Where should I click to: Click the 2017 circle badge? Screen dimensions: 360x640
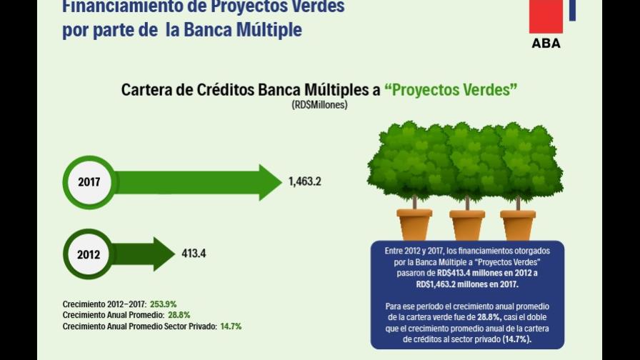coord(89,182)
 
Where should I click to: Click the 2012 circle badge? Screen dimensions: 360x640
coord(89,254)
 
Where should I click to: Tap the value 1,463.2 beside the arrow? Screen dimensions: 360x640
coord(305,181)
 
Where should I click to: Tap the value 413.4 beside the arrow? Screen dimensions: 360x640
coord(194,254)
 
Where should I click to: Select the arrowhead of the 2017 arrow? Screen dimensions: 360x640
coord(270,182)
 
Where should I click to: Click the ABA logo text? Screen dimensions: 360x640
coord(546,44)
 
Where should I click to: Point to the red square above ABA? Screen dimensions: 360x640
coord(546,16)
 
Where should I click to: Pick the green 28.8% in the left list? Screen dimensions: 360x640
coord(177,315)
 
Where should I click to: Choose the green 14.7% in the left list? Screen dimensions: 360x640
coord(230,326)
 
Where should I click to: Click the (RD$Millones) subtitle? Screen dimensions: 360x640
coord(319,105)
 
